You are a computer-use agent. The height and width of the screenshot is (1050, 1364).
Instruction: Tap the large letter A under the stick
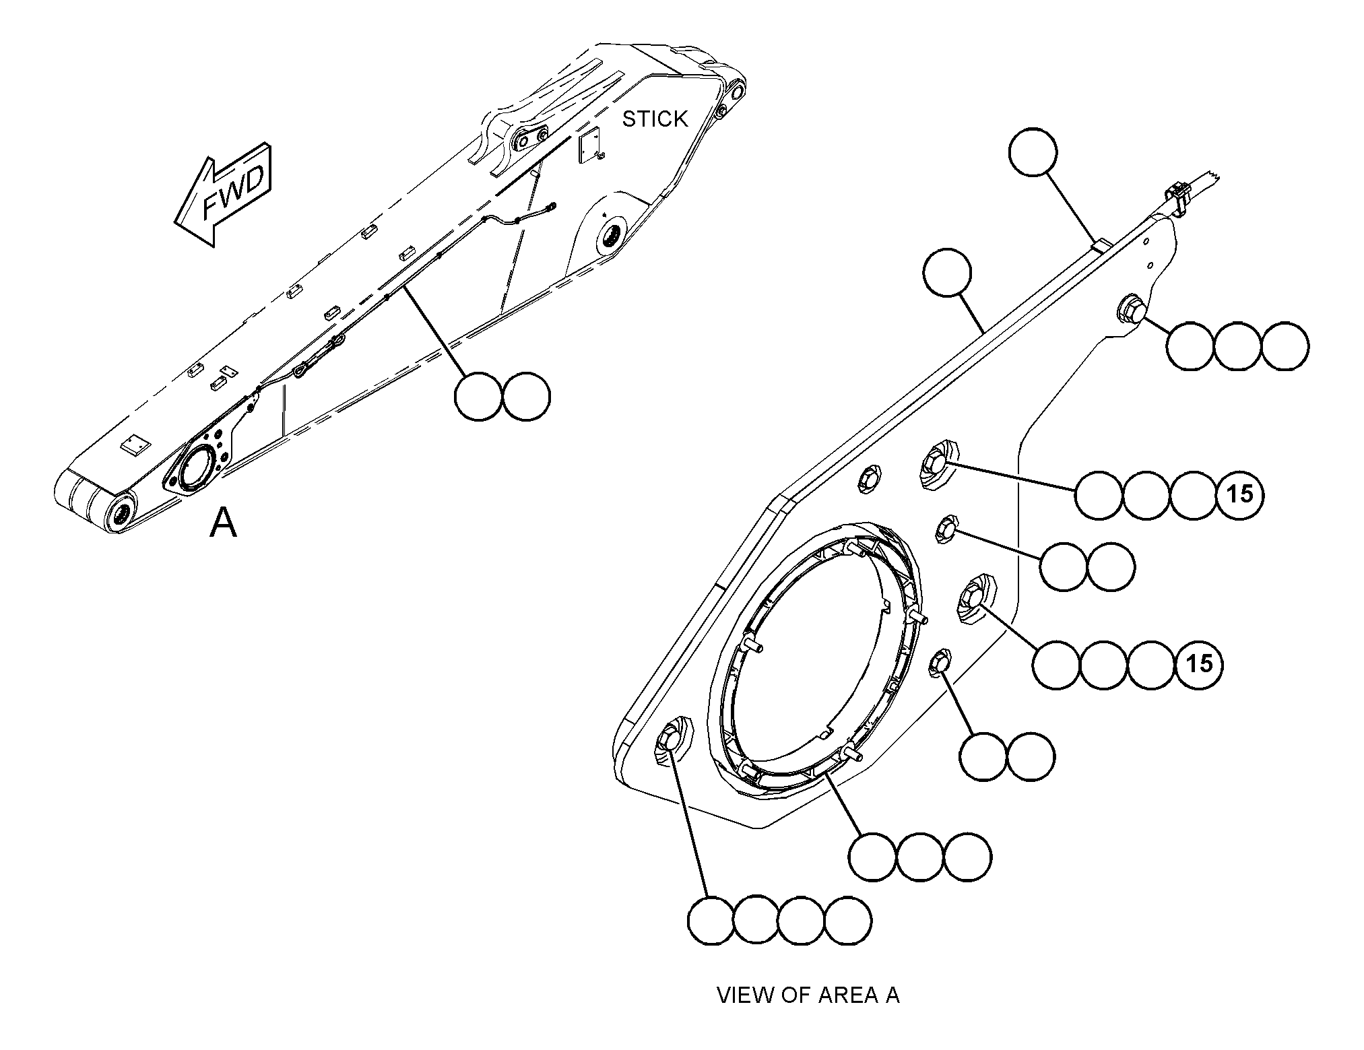pos(223,523)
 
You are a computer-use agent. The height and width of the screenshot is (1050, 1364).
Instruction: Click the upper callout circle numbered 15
pos(1240,494)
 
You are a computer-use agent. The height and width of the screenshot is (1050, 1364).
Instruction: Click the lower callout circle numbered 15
pos(1199,664)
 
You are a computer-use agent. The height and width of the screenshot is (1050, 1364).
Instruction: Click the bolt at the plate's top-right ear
pos(1129,310)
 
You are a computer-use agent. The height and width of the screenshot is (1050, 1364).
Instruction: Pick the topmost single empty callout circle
pos(1033,153)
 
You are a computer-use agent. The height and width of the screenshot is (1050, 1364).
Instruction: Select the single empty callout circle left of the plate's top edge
pos(948,273)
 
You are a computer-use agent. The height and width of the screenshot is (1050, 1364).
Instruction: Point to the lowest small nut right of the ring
pos(940,663)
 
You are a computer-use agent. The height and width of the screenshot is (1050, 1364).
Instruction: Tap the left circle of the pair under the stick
pos(479,397)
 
